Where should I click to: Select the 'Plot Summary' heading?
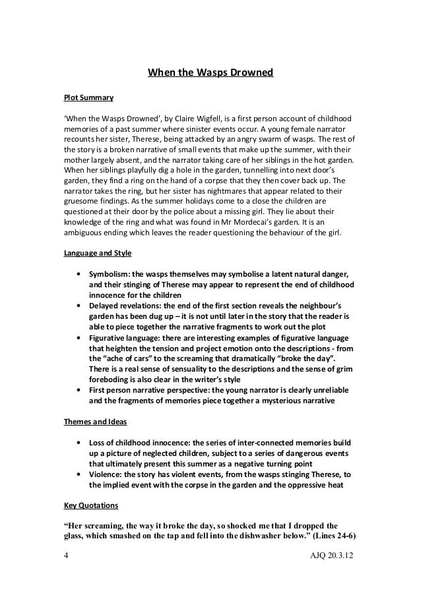(x=88, y=98)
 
